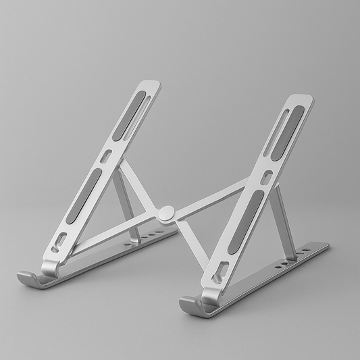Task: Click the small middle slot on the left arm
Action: [106, 156]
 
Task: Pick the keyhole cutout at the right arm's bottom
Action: [219, 274]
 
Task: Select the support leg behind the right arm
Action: [283, 216]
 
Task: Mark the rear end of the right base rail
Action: [324, 247]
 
